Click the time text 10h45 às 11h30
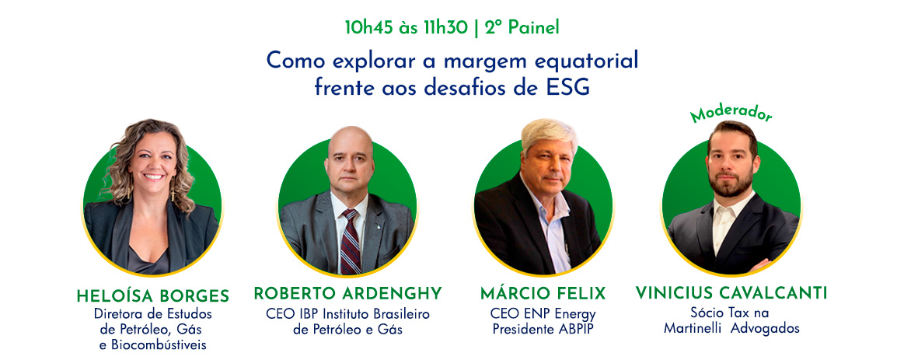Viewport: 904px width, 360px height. click(x=406, y=28)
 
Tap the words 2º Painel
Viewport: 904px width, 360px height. click(x=522, y=28)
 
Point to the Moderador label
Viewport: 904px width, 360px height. click(x=731, y=113)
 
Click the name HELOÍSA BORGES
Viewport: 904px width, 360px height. click(x=153, y=296)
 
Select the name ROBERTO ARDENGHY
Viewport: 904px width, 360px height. click(x=347, y=294)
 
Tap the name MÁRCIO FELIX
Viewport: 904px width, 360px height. click(x=543, y=294)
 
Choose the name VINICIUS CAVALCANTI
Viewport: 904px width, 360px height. click(x=731, y=293)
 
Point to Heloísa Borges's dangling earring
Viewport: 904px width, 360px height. click(x=172, y=190)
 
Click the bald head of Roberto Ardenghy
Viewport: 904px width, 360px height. click(x=350, y=142)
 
